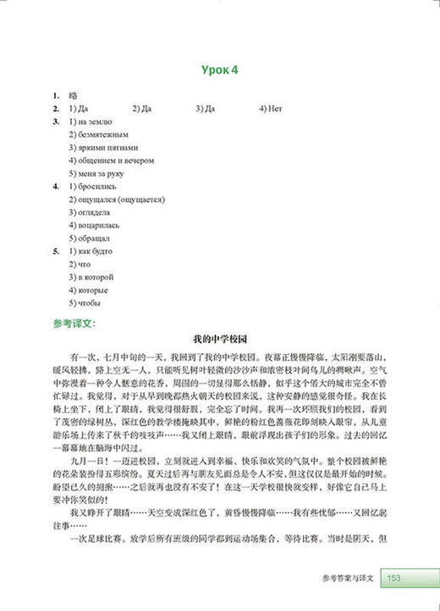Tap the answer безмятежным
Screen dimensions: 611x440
coord(98,134)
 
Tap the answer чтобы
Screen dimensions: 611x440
coord(87,303)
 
